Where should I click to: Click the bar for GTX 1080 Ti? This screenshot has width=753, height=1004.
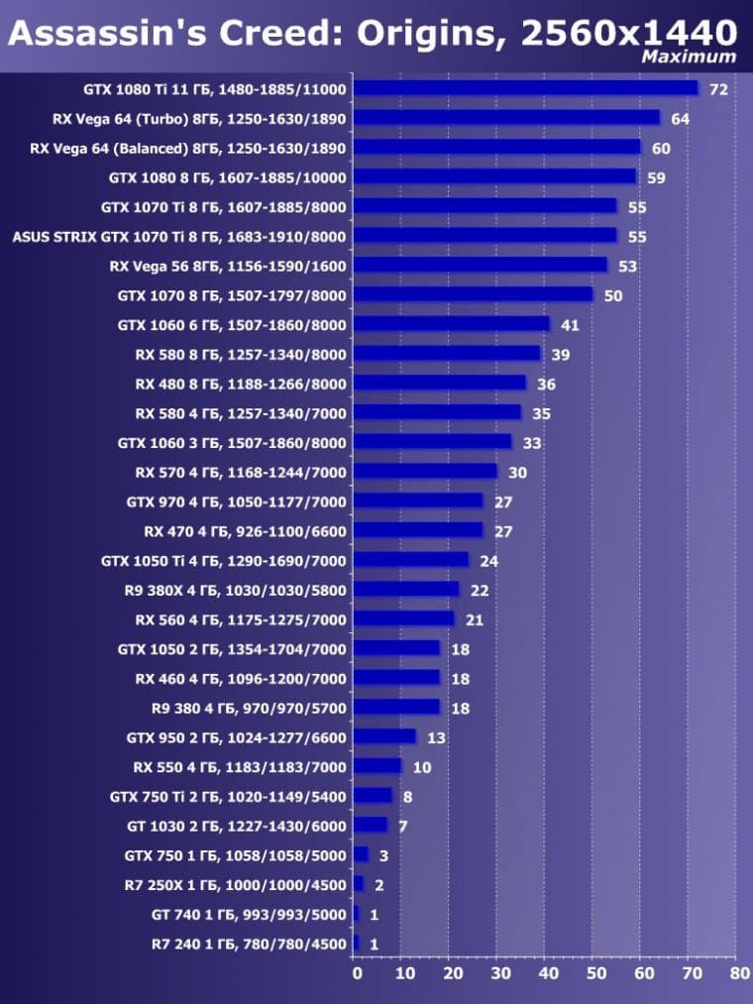[x=525, y=88]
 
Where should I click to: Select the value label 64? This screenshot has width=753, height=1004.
[x=680, y=119]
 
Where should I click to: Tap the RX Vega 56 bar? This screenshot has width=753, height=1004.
[x=480, y=265]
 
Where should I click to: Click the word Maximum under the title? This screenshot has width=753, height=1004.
[x=689, y=56]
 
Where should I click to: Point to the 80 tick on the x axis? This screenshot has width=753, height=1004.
[x=739, y=973]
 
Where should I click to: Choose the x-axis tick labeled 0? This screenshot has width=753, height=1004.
[x=357, y=973]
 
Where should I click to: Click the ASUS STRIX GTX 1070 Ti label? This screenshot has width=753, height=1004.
[x=178, y=236]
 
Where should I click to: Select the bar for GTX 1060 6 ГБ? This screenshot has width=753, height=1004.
[x=451, y=324]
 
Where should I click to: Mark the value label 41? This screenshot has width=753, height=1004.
[x=570, y=325]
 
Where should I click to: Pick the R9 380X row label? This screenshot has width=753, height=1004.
[x=235, y=590]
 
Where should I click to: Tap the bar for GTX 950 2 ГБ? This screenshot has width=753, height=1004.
[x=384, y=736]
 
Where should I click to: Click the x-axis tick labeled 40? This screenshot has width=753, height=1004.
[x=548, y=973]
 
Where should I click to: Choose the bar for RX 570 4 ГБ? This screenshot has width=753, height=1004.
[x=425, y=471]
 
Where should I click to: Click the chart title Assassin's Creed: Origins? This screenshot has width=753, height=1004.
[x=373, y=34]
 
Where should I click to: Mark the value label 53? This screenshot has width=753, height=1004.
[x=627, y=267]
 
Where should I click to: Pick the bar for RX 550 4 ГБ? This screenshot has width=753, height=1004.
[x=377, y=766]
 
